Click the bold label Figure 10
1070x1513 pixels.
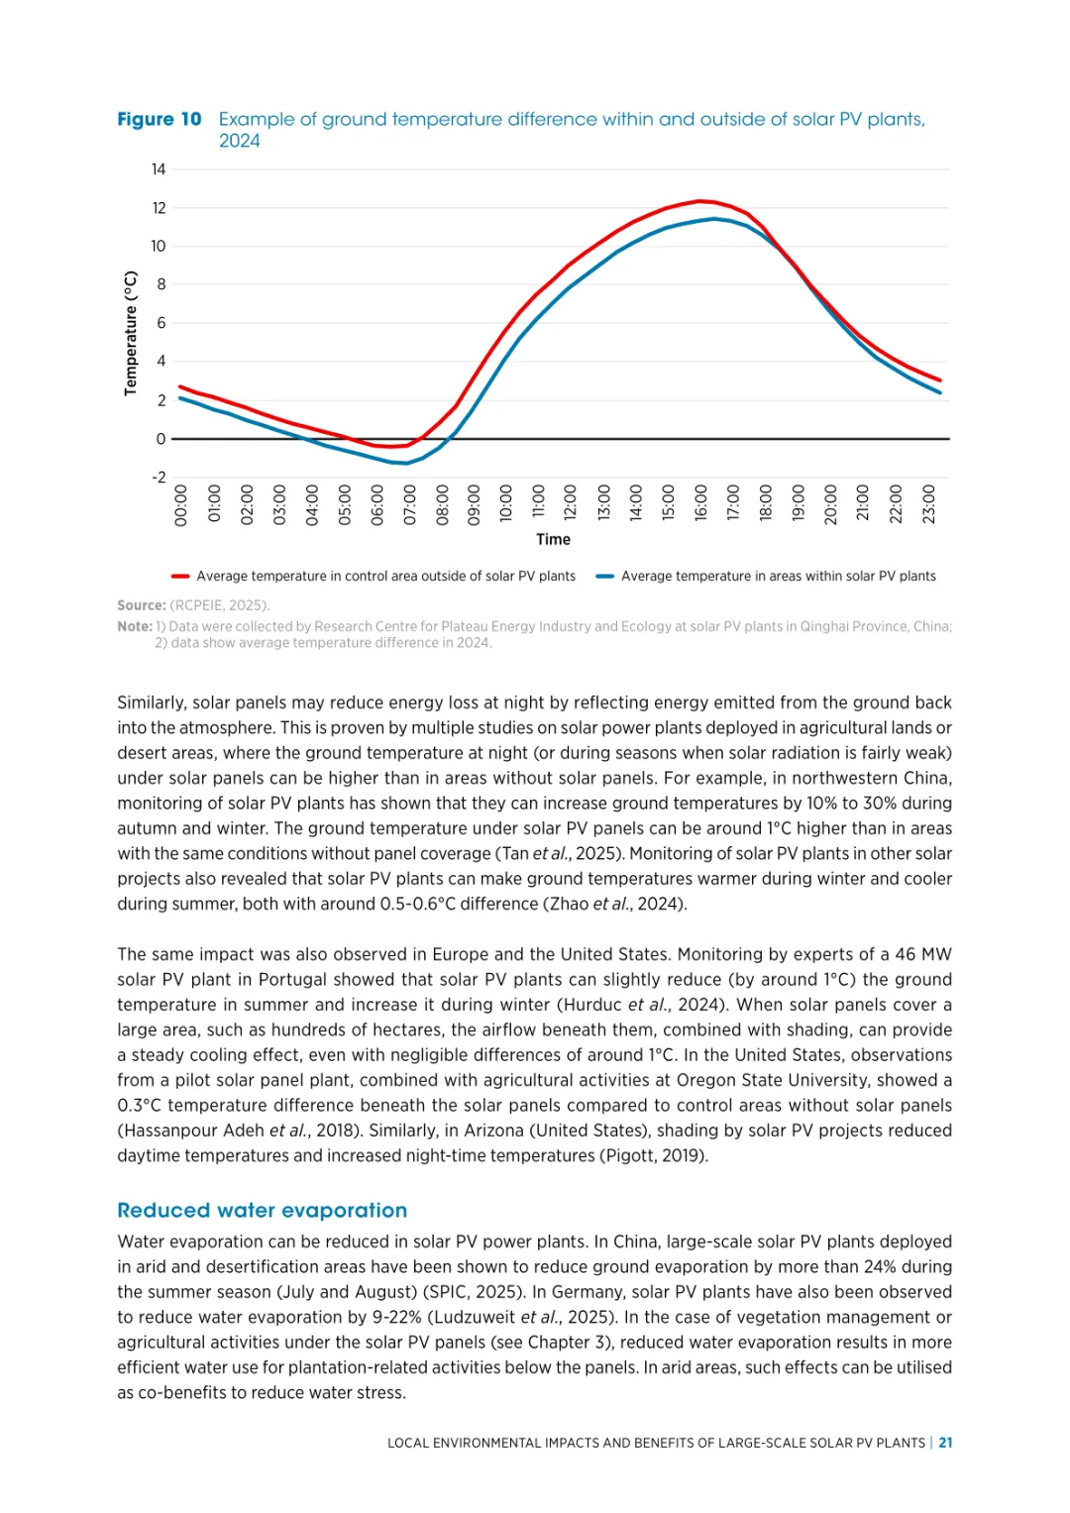click(159, 120)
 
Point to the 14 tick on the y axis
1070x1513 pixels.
click(159, 169)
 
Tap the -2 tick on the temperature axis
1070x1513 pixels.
click(159, 478)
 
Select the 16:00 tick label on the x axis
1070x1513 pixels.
click(700, 503)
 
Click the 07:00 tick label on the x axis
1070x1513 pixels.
click(409, 503)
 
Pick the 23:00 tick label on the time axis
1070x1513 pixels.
click(928, 503)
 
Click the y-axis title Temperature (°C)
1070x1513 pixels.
click(131, 334)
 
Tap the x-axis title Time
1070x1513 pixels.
click(553, 540)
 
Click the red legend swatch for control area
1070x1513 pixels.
click(180, 577)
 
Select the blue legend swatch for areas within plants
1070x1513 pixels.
click(604, 577)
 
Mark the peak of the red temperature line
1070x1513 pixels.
click(699, 201)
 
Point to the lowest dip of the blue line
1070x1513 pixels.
click(406, 463)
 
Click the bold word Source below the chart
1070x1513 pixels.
click(141, 605)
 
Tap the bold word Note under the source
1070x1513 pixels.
click(134, 626)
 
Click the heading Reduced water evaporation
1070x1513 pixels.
click(262, 1210)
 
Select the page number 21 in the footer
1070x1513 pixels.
click(946, 1443)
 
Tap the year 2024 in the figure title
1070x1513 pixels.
click(240, 142)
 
